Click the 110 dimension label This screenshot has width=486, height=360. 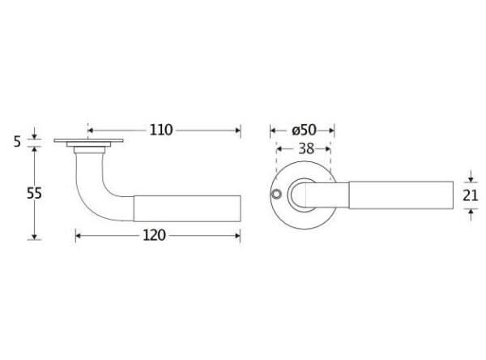161,130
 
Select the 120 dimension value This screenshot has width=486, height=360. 154,235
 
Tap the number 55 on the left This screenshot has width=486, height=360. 34,193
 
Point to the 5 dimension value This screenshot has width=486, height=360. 17,142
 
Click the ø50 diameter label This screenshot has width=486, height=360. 304,130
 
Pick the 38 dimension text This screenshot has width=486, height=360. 306,149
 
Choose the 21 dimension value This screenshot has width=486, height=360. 471,195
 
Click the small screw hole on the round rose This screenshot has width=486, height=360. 276,195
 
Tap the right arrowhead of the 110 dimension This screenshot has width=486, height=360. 238,131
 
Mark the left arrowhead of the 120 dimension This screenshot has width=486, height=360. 78,236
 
